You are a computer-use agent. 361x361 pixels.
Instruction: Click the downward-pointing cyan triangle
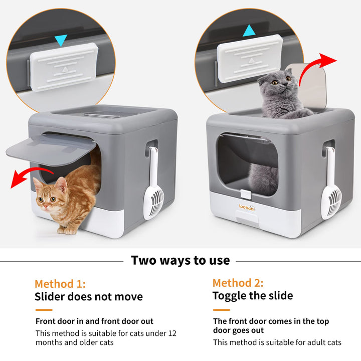tap(61, 40)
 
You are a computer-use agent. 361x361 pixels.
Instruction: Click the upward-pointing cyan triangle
tap(249, 31)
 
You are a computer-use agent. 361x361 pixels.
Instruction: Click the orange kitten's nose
tap(45, 205)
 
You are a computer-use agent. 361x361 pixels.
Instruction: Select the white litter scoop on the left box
tap(153, 184)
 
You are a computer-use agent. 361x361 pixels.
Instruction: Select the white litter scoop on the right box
tap(331, 184)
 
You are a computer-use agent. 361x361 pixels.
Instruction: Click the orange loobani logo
tap(247, 207)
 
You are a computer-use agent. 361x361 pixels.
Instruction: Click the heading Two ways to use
tap(180, 261)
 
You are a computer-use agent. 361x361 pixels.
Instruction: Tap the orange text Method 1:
tap(60, 284)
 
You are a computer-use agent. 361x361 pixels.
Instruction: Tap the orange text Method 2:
tap(238, 283)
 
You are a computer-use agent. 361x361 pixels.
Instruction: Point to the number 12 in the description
tap(172, 333)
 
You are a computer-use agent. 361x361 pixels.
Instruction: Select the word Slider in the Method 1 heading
tap(49, 296)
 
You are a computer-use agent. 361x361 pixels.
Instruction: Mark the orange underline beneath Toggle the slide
tap(222, 310)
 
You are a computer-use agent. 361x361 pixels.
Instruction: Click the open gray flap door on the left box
tap(51, 149)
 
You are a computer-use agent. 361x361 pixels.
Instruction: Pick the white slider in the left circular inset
tap(64, 67)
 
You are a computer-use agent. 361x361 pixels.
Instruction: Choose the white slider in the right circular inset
tap(250, 59)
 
